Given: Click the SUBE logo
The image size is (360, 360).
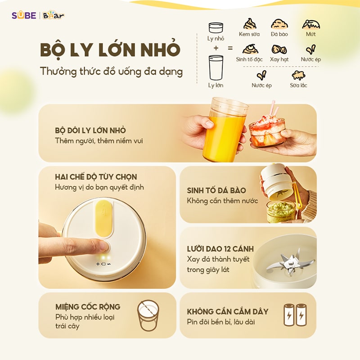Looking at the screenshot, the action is [x=24, y=16].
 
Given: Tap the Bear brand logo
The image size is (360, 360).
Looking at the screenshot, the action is [x=54, y=15].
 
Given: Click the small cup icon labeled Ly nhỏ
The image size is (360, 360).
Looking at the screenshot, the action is [x=216, y=28].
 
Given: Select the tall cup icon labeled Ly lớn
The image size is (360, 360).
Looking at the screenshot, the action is [x=216, y=67].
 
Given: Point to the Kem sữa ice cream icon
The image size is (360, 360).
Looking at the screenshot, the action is [x=250, y=24].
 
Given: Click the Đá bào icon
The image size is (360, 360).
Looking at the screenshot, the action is [x=279, y=24].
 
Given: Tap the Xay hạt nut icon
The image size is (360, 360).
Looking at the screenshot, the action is [x=279, y=49].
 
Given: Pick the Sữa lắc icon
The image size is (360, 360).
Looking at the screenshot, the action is [x=298, y=75].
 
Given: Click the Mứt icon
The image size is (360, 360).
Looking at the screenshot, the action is [x=311, y=24].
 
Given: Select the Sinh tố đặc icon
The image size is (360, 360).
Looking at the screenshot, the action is [x=250, y=49].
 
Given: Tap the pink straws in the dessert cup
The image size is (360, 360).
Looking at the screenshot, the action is [x=274, y=109].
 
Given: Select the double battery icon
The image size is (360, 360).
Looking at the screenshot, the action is [x=295, y=315].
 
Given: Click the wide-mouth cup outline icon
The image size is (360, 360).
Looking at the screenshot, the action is [x=148, y=315].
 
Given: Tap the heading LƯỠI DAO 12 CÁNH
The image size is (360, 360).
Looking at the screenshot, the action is [x=220, y=249].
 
